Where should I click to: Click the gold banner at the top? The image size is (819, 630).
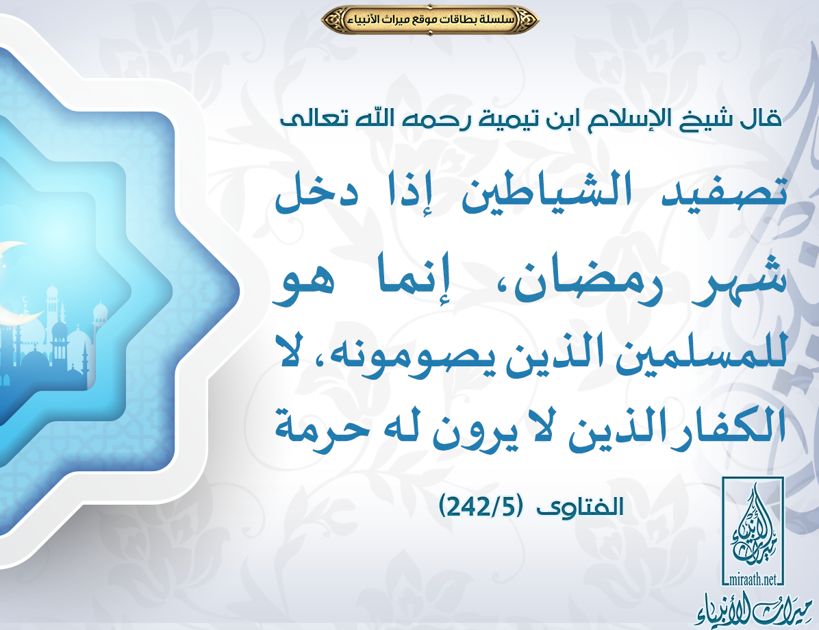[x=430, y=20]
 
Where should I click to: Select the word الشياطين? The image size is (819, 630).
[x=546, y=192]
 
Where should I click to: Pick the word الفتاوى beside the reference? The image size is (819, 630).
[x=581, y=506]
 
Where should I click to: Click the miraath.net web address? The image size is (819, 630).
[x=752, y=579]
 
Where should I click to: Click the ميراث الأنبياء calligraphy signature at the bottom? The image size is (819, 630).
[x=754, y=609]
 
